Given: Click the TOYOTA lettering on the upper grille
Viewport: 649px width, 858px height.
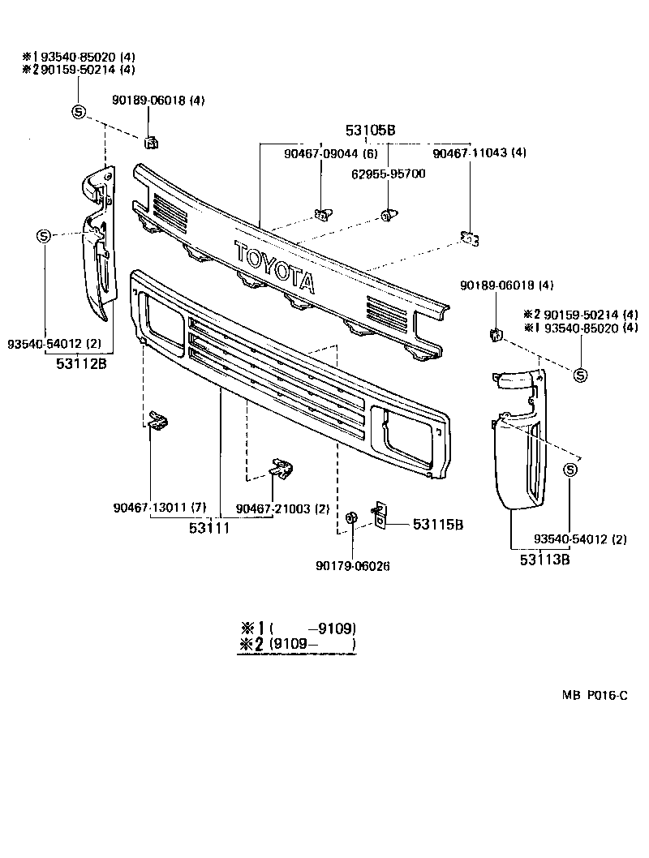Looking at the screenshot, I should [274, 265].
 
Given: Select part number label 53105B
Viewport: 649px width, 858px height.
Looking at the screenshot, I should [369, 130].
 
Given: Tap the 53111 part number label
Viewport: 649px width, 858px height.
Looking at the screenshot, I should [209, 527].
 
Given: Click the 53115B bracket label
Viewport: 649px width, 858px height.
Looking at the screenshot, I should [437, 525].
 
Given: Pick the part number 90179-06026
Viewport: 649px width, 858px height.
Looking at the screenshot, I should [352, 565].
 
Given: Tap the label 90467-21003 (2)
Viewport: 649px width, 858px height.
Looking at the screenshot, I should [282, 508].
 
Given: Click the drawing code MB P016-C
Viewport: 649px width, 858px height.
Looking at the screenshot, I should [595, 695].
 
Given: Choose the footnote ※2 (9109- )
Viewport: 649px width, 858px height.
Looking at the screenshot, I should [298, 646].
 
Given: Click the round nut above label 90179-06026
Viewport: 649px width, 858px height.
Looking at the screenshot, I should [352, 517].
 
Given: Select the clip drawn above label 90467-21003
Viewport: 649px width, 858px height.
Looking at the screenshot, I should [282, 468].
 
